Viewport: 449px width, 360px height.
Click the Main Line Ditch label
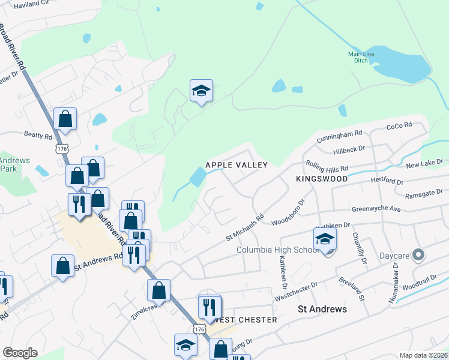[361, 58]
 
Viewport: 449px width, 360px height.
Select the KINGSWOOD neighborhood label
[322, 179]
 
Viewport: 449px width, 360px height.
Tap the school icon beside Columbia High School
[325, 239]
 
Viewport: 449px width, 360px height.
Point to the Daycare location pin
[419, 256]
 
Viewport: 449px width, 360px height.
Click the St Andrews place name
[322, 309]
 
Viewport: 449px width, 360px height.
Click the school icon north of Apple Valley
[201, 91]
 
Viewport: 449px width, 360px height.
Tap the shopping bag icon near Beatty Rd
[65, 119]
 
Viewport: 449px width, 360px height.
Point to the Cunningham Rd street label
[340, 134]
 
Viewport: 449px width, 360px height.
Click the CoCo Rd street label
[399, 125]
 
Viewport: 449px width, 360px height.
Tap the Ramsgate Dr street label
[424, 193]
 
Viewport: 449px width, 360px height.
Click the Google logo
[20, 353]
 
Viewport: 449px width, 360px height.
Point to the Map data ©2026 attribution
[423, 355]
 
